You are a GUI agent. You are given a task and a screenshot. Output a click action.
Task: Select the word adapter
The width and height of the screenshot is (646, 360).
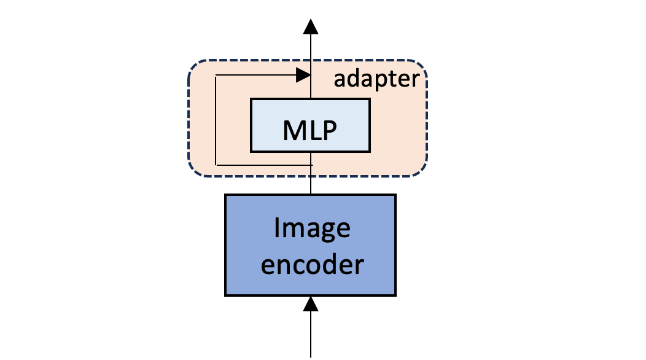tap(376, 79)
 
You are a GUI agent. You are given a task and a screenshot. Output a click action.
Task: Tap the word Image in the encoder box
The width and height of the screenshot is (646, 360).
tap(311, 229)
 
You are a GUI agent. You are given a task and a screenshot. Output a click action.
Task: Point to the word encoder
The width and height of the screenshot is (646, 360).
tap(311, 265)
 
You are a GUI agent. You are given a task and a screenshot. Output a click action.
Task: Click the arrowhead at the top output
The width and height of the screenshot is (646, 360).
tap(311, 26)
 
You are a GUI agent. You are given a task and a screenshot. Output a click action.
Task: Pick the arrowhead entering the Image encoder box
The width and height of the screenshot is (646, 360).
tap(311, 303)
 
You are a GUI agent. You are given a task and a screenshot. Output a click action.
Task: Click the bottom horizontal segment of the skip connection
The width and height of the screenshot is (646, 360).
tap(264, 165)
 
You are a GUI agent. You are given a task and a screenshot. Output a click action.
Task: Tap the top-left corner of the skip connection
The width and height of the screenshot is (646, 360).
tap(216, 76)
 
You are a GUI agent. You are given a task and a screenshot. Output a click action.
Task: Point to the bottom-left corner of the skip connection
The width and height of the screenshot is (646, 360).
tap(216, 165)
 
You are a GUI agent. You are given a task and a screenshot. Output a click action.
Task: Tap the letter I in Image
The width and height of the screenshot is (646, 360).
tap(278, 229)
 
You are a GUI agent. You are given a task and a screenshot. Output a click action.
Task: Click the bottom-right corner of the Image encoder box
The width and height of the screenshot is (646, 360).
tap(395, 295)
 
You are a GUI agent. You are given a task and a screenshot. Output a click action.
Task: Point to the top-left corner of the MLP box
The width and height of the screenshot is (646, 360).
tap(252, 100)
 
